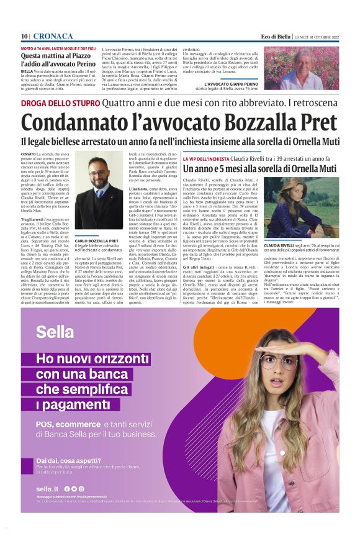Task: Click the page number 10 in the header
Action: (x=24, y=36)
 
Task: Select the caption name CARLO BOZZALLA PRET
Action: (x=96, y=240)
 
